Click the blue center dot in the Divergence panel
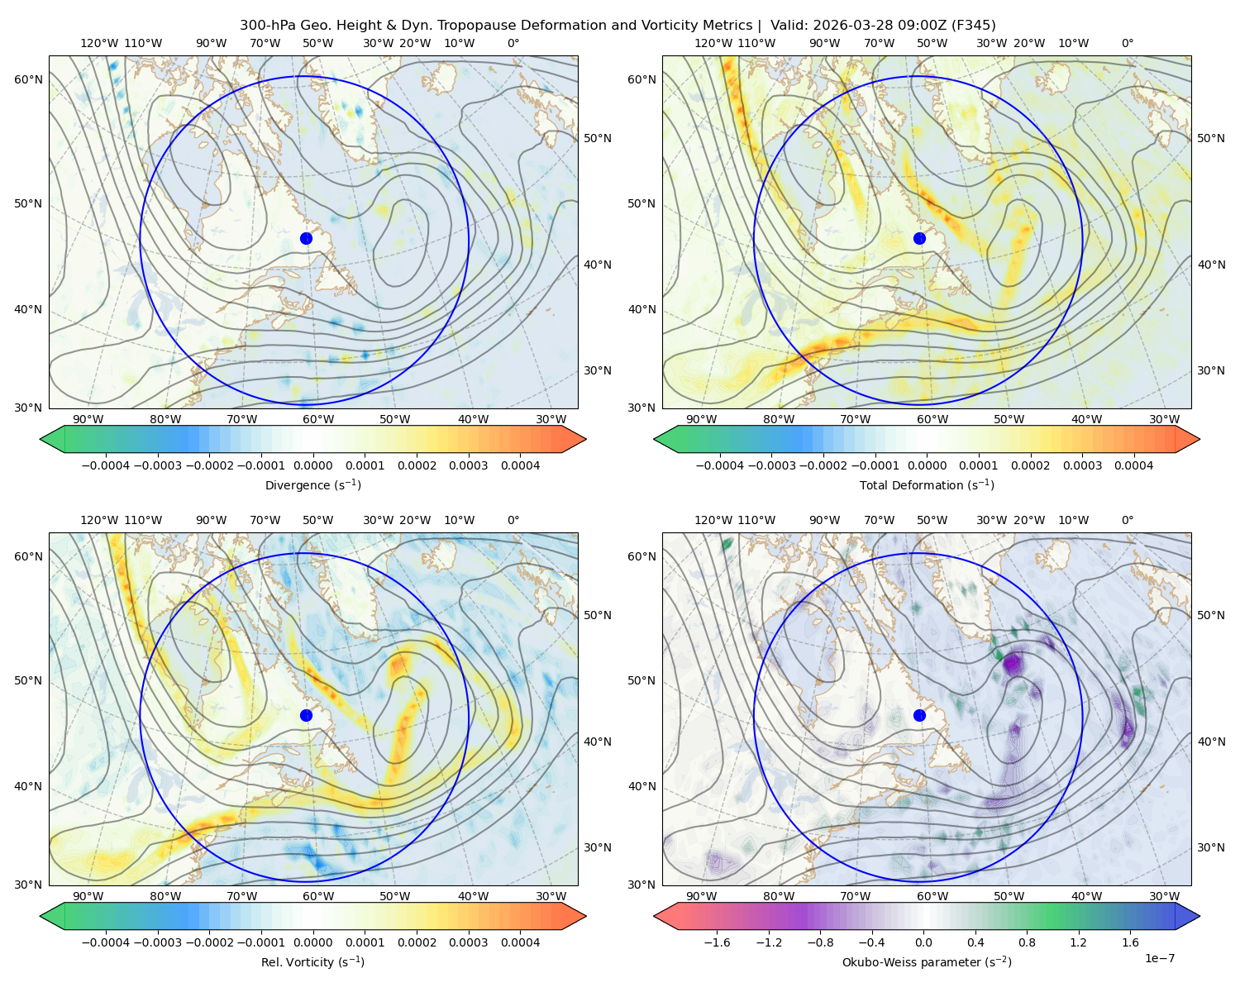[x=306, y=238]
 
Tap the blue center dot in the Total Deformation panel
[x=919, y=238]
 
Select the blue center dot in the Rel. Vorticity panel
[x=306, y=715]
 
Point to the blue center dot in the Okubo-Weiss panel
[x=919, y=715]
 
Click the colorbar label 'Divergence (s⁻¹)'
[x=312, y=484]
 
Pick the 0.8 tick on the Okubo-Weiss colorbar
[x=1027, y=942]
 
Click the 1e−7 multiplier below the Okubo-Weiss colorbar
[x=1159, y=958]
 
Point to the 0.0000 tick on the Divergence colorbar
[x=312, y=465]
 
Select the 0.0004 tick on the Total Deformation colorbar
[x=1133, y=465]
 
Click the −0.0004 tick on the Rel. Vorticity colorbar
[x=106, y=942]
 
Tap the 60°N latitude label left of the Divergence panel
[x=28, y=79]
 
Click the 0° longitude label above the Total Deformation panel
[x=1127, y=43]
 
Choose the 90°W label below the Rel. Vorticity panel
[x=88, y=896]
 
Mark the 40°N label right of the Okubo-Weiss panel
[x=1211, y=742]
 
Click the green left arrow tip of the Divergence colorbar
[x=41, y=439]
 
